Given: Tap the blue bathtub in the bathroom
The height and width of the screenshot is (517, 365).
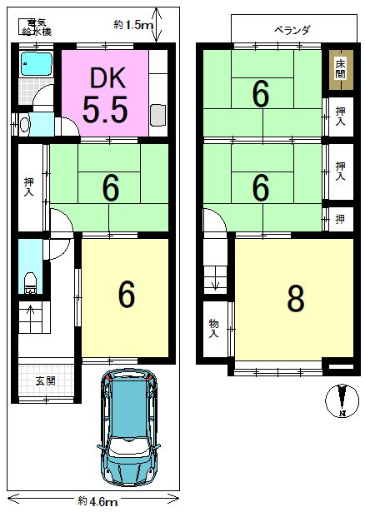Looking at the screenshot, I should click(36, 63).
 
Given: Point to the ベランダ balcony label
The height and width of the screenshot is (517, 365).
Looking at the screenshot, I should click(292, 30).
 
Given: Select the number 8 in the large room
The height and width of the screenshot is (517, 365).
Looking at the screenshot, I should click(294, 300).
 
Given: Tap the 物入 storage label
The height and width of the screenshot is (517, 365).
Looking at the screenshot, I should click(213, 328).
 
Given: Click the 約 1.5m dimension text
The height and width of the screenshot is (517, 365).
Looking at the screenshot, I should click(134, 26).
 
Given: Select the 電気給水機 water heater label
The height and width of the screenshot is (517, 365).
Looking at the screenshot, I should click(36, 27).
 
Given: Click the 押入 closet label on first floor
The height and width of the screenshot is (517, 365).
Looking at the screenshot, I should click(29, 186).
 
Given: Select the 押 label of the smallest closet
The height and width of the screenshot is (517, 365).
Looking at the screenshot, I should click(339, 219).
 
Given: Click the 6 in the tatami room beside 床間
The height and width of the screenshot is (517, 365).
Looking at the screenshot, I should click(261, 95).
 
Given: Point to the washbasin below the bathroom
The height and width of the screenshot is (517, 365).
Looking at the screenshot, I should click(23, 125).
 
